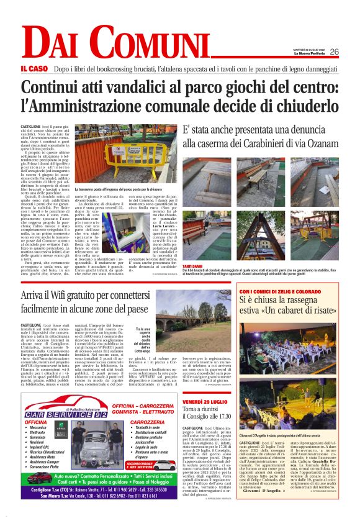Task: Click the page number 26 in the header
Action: [334, 52]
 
